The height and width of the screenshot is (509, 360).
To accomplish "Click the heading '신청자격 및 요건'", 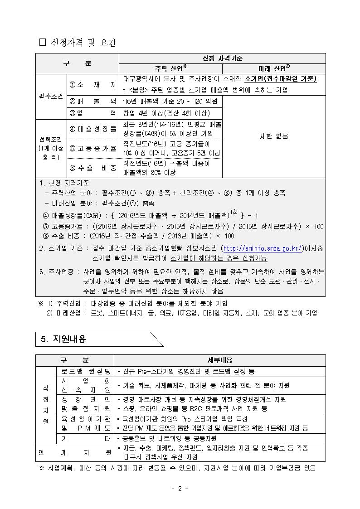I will [x=82, y=43].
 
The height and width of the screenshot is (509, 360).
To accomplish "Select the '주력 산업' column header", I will [x=170, y=68].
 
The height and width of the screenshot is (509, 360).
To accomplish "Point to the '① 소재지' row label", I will [x=92, y=84].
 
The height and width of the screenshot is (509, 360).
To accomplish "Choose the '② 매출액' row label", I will [x=92, y=101].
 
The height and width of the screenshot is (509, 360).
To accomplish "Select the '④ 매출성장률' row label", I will [x=92, y=129].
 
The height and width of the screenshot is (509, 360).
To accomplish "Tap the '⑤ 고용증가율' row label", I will [x=92, y=148].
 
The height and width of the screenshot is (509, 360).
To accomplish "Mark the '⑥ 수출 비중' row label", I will [x=92, y=168].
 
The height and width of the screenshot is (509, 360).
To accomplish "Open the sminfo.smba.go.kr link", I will [x=263, y=248].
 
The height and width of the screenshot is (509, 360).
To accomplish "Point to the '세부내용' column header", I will [x=220, y=360].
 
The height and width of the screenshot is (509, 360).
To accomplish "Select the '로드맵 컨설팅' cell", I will [x=86, y=371].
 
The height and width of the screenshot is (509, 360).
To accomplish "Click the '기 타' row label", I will [x=86, y=438].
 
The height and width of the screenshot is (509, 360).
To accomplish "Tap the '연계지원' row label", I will [x=75, y=452].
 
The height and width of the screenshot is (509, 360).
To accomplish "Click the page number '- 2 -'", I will [x=180, y=489].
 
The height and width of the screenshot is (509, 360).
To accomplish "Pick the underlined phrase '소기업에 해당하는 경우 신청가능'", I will [x=219, y=258].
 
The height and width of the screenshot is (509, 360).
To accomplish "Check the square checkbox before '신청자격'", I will [x=43, y=43].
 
